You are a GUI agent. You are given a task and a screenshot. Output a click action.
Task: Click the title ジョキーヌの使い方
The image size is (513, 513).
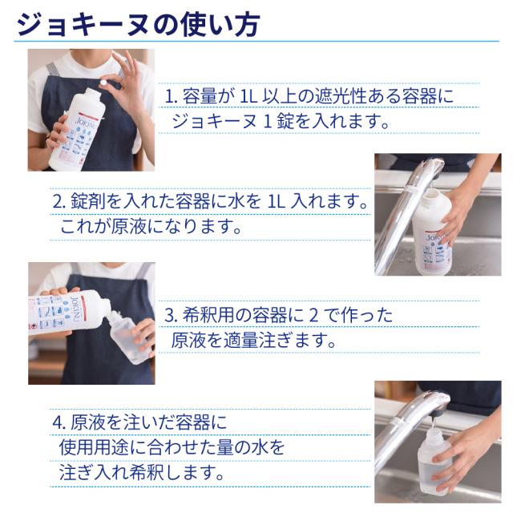point(138,25)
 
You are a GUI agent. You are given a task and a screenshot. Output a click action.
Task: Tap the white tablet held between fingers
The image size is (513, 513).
point(104,82)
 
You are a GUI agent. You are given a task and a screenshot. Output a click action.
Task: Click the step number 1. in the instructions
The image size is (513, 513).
point(171,97)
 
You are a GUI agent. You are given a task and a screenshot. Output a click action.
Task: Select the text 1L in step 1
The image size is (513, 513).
point(249,97)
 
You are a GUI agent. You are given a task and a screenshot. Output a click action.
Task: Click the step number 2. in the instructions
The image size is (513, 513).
point(59,202)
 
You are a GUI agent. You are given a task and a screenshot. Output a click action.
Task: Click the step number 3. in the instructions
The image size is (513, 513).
point(171,315)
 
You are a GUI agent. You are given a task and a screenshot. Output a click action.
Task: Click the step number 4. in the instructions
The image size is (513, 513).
point(59,423)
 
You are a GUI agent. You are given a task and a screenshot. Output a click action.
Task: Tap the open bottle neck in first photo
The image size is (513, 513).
point(94,94)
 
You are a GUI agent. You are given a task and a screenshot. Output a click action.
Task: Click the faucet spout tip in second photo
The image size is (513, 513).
point(434,174)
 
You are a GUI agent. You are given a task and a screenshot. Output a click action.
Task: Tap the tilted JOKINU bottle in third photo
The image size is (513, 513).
point(70,314)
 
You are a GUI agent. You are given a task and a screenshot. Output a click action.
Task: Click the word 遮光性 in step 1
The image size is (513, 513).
point(340,97)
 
